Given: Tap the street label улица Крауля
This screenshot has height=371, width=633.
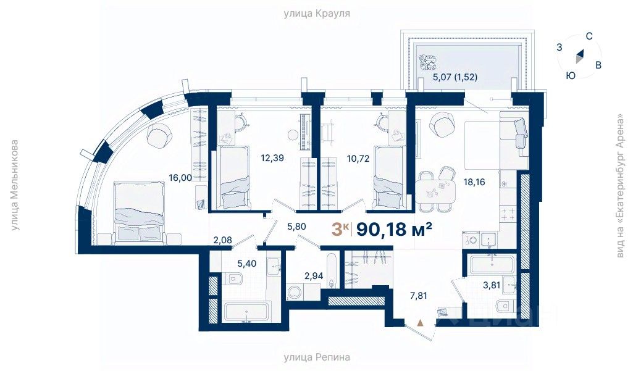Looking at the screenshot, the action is click(x=316, y=14).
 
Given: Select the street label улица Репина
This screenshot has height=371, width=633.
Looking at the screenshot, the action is click(x=316, y=357).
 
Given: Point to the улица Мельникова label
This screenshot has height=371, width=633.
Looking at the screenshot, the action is click(x=15, y=185).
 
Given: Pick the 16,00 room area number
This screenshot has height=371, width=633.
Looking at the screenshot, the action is click(x=180, y=178).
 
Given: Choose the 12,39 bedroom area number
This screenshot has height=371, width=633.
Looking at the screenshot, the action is click(x=272, y=158).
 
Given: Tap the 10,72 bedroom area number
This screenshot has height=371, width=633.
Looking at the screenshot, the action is click(x=358, y=158).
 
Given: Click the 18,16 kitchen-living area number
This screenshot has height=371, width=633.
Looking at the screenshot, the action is click(x=474, y=182).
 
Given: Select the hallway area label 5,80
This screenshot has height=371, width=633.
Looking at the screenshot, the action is click(x=296, y=227).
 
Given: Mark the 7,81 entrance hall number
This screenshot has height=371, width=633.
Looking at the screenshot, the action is click(x=418, y=296).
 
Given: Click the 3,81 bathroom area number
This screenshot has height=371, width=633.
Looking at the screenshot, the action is click(x=492, y=285).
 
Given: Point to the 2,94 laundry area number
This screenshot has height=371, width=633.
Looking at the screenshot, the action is click(x=314, y=276).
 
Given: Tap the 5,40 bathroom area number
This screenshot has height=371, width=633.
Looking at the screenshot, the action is click(x=246, y=264).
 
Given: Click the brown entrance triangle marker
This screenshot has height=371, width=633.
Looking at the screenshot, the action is click(x=421, y=322).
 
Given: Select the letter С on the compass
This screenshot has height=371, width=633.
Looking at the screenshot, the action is click(x=589, y=36).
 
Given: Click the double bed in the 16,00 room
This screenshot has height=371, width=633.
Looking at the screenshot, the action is click(x=140, y=212).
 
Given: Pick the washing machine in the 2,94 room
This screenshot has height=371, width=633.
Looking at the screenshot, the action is click(x=296, y=293).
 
